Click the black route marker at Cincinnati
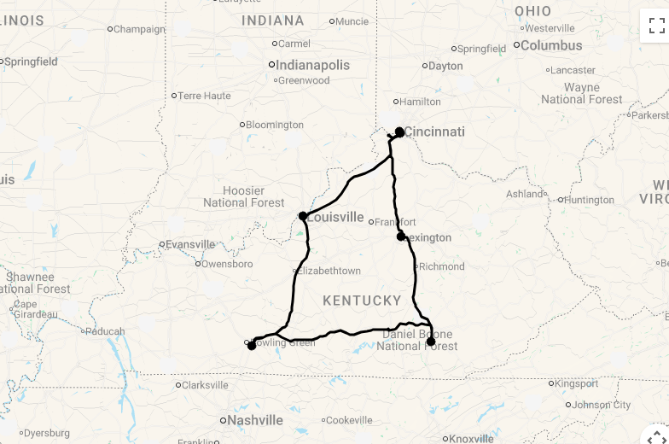(x=399, y=131)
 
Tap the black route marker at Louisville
(x=303, y=216)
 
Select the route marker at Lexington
(x=401, y=236)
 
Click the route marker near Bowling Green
(x=252, y=345)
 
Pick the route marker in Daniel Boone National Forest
(x=431, y=342)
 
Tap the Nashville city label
(x=255, y=420)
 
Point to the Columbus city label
(x=551, y=45)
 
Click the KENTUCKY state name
(x=362, y=301)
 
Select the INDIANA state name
(x=273, y=20)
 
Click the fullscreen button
(x=655, y=26)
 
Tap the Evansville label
(x=190, y=244)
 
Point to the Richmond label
(x=442, y=266)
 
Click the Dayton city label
(x=445, y=66)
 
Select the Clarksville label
(x=205, y=385)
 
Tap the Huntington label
(x=589, y=200)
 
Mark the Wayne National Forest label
(x=582, y=93)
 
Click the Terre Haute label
(x=204, y=96)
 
